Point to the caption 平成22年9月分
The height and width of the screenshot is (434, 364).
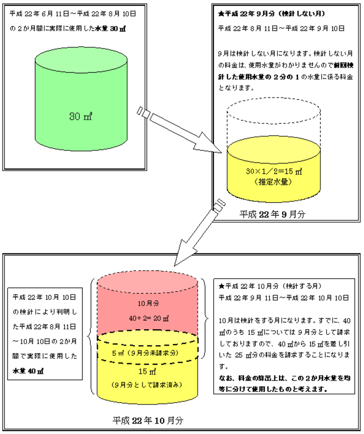click(272, 214)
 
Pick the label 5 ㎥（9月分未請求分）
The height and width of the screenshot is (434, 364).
click(146, 352)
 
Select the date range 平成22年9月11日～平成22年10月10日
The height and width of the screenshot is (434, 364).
click(283, 297)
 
